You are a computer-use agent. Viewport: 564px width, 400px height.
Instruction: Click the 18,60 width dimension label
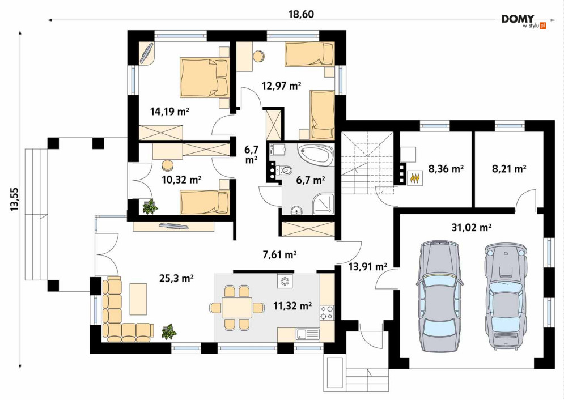tap(302, 14)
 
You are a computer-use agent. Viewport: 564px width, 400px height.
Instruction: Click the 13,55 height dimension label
tap(15, 199)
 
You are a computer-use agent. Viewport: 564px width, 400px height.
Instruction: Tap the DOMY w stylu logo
tap(524, 22)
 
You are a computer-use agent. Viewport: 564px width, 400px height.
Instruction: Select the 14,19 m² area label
tap(170, 112)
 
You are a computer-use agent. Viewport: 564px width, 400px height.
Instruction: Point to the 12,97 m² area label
tap(281, 86)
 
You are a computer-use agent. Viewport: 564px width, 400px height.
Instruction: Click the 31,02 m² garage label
tap(472, 228)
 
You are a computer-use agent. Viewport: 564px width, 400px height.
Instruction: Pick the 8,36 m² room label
tap(446, 168)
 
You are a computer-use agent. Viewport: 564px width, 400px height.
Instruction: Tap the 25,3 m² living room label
tap(177, 278)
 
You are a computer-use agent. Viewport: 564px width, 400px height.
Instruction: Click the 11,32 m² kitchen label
tap(292, 306)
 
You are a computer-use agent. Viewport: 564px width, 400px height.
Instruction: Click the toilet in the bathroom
tap(285, 169)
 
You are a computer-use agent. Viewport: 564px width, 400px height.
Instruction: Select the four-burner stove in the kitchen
tap(327, 312)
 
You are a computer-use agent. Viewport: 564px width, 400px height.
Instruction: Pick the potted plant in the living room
tap(169, 331)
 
